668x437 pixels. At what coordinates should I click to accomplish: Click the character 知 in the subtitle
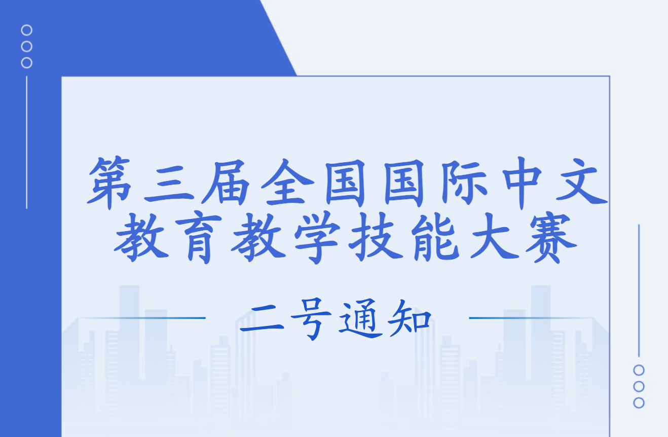[x=408, y=320]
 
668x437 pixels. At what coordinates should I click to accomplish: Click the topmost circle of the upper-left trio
[x=27, y=30]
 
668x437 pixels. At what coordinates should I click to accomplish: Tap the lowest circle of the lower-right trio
[x=639, y=403]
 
